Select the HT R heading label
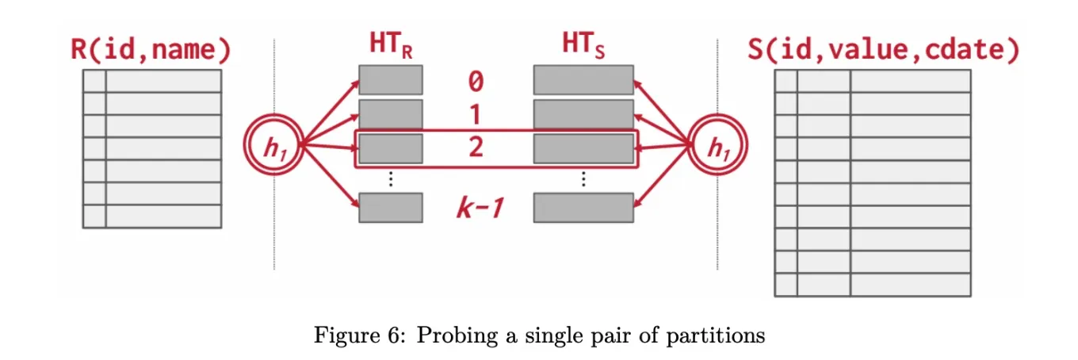coord(389,47)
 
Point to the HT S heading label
coord(583,47)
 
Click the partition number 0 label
coord(476,81)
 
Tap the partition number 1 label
coord(476,115)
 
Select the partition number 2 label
coord(476,147)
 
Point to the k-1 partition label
coord(480,209)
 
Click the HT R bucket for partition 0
coord(390,80)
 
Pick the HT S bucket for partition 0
coord(583,80)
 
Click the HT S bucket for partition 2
coord(583,148)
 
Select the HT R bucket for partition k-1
coord(390,208)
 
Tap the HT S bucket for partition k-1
coord(583,208)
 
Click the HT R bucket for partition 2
coord(390,148)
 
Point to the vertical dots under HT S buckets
coord(583,179)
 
